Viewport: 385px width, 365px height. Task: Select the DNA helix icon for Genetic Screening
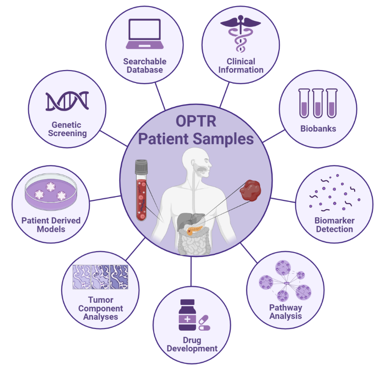coord(67,101)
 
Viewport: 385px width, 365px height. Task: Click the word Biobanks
coord(318,128)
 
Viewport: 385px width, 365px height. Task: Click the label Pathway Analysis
coord(285,311)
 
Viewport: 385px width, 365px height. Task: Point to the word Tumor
coord(100,300)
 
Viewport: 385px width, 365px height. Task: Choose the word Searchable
coord(145,61)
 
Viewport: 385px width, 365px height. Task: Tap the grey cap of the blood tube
coord(142,167)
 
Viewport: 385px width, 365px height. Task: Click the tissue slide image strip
coord(100,277)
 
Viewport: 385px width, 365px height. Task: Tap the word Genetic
coord(67,125)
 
